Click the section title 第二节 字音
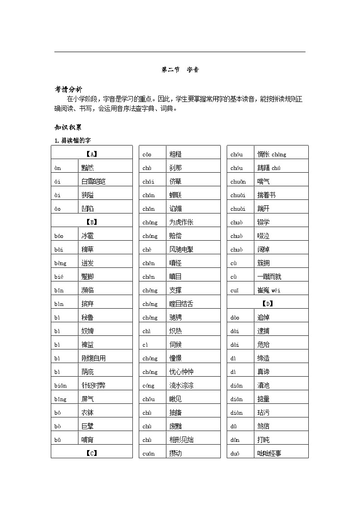[x=180, y=70]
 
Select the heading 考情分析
[x=68, y=89]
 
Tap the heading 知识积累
[x=68, y=127]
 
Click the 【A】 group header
[x=92, y=154]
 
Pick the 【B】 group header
[x=92, y=222]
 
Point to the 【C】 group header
[x=92, y=453]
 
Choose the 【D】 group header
[x=268, y=304]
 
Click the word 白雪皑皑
[x=93, y=181]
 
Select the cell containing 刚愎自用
[x=93, y=358]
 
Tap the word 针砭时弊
[x=93, y=385]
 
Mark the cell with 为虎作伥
[x=181, y=222]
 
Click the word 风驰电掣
[x=181, y=249]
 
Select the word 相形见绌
[x=181, y=440]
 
